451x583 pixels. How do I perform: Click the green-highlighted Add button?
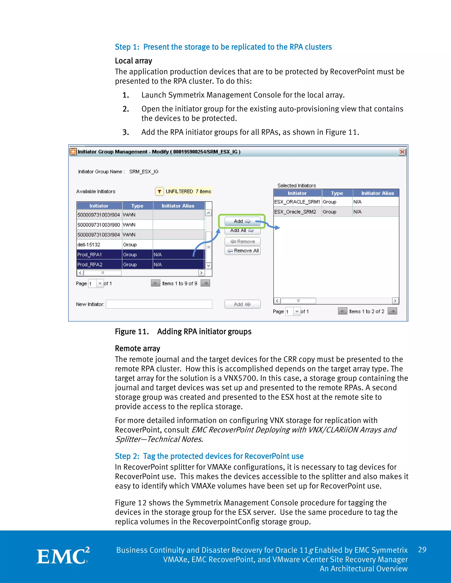click(x=242, y=221)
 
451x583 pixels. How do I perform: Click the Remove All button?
click(x=243, y=250)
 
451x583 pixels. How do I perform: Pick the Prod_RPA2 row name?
click(x=90, y=264)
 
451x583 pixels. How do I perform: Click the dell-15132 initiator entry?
click(x=89, y=244)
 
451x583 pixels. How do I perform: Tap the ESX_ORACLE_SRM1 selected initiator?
click(x=297, y=202)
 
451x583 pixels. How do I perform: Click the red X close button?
click(x=402, y=152)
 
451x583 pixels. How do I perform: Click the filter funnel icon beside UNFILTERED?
click(x=159, y=191)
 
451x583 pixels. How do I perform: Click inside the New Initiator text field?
click(x=159, y=304)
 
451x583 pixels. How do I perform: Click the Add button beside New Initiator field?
click(x=242, y=304)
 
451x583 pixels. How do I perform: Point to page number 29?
click(x=422, y=550)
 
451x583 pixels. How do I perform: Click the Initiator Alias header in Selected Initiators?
click(x=377, y=193)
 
